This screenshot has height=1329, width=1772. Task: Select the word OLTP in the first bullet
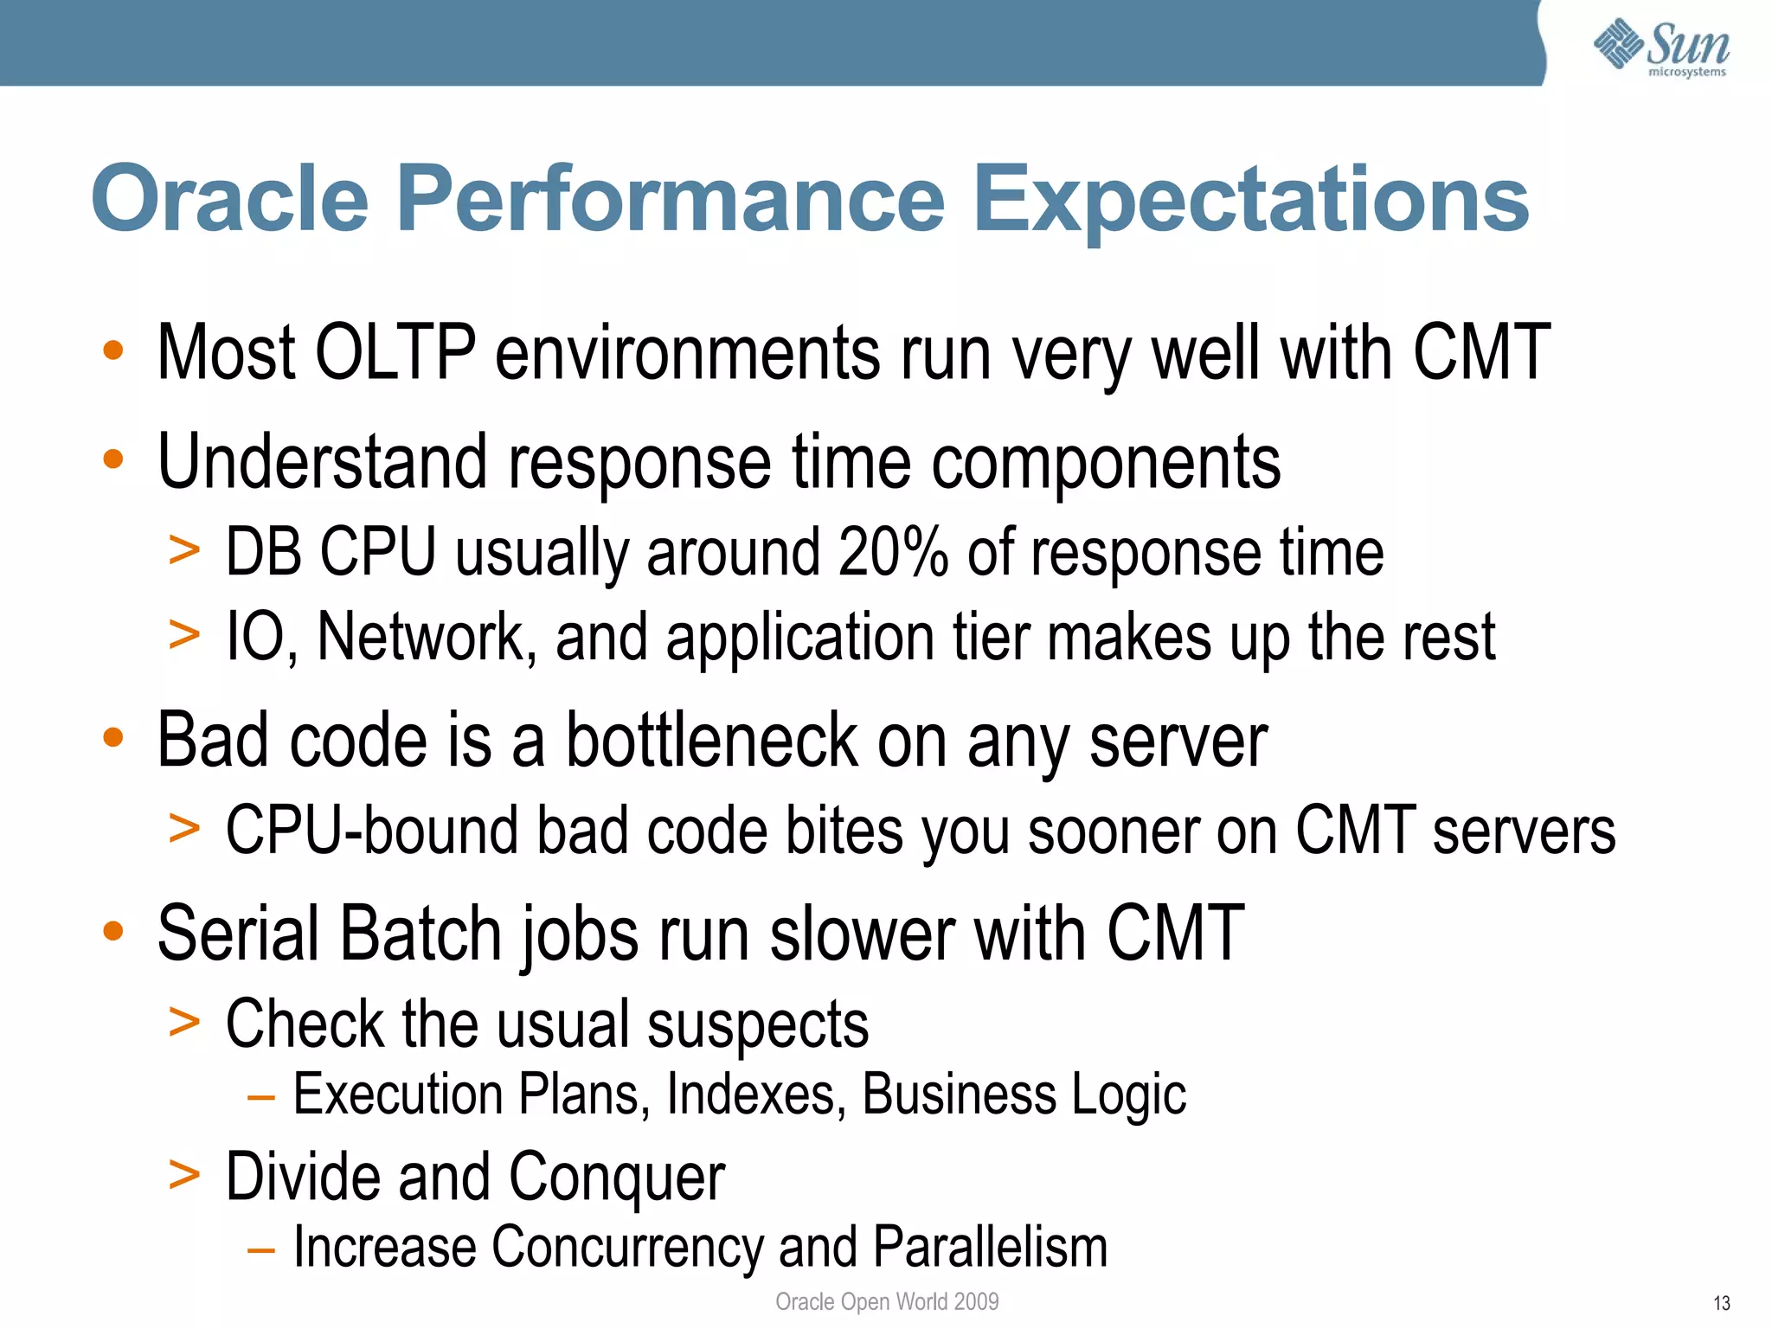(395, 352)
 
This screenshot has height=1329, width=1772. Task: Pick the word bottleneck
(711, 741)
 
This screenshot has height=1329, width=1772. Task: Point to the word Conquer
(616, 1178)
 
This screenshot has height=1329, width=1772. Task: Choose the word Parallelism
(990, 1247)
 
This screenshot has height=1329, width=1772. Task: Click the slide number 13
(1721, 1303)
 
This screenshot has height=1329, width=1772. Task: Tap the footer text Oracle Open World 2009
(886, 1301)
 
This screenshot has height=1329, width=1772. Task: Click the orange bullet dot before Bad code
(113, 738)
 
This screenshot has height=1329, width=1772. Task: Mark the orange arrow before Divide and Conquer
(184, 1176)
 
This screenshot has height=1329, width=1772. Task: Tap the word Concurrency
(626, 1247)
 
